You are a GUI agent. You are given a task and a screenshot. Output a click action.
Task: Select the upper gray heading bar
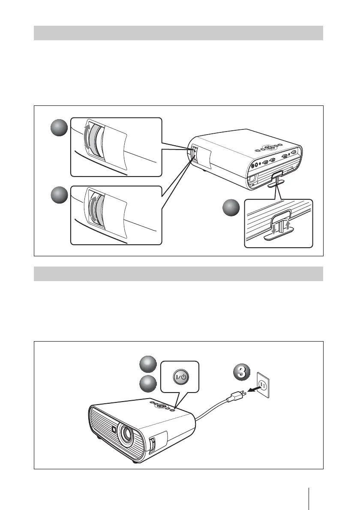pyautogui.click(x=178, y=33)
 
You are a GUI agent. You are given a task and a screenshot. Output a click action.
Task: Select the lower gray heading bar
pyautogui.click(x=178, y=273)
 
